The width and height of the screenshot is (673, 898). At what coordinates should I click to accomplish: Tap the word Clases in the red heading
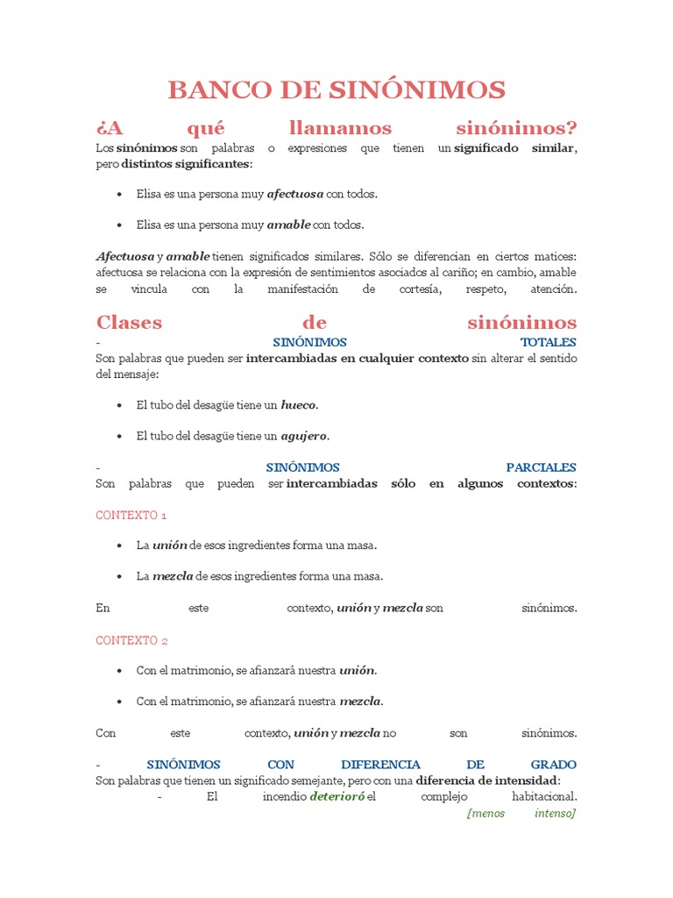pyautogui.click(x=129, y=322)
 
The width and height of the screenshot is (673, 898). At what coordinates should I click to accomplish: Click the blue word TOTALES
pyautogui.click(x=548, y=342)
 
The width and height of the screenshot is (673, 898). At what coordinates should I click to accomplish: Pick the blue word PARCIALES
pyautogui.click(x=541, y=467)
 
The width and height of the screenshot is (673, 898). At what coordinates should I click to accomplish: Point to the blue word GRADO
pyautogui.click(x=553, y=765)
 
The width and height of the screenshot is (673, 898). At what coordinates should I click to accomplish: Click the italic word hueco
pyautogui.click(x=299, y=405)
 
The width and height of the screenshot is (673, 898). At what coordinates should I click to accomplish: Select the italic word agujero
pyautogui.click(x=304, y=436)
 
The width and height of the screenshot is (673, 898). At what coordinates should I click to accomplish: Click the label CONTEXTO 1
pyautogui.click(x=131, y=515)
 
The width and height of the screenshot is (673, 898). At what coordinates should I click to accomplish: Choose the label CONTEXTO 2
pyautogui.click(x=131, y=640)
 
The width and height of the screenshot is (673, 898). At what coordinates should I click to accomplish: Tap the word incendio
pyautogui.click(x=284, y=797)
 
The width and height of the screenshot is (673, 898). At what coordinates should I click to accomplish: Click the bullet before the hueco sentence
pyautogui.click(x=119, y=406)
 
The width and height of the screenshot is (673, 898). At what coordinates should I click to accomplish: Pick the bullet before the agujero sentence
pyautogui.click(x=119, y=437)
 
